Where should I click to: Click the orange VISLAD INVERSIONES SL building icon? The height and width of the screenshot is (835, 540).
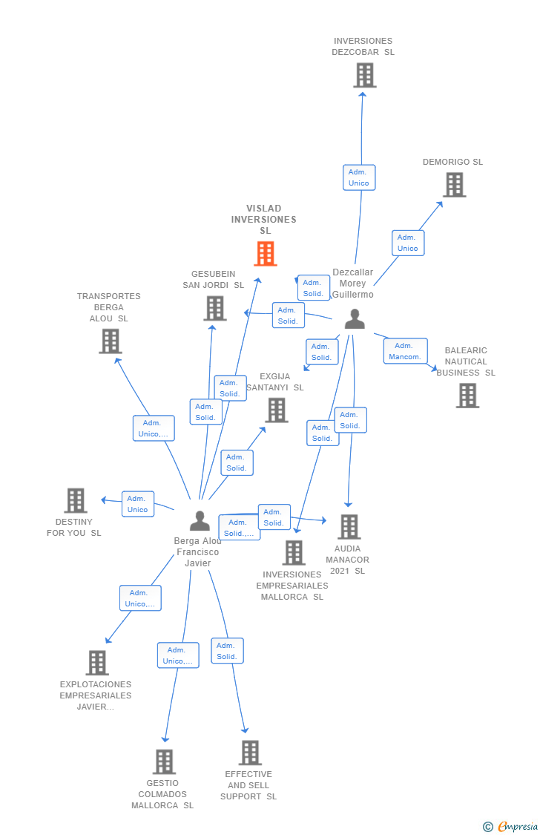click(x=265, y=254)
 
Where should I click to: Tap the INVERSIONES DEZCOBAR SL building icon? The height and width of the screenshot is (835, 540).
click(x=364, y=75)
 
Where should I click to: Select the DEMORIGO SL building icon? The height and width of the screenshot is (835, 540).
click(x=454, y=185)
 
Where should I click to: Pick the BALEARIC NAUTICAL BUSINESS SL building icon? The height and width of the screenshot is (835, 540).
click(x=467, y=396)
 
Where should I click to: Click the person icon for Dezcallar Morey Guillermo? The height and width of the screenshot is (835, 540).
click(x=355, y=318)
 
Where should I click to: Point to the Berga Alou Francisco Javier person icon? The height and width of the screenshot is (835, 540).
click(x=200, y=521)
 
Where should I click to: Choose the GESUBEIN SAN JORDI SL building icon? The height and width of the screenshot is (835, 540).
click(x=215, y=308)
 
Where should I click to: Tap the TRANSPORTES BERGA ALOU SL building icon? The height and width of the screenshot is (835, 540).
click(x=110, y=341)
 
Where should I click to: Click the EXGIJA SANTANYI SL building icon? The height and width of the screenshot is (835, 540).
click(x=276, y=410)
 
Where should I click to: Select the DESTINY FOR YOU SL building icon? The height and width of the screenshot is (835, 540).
click(x=75, y=501)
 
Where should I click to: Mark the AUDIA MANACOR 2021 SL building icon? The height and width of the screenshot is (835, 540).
click(x=349, y=527)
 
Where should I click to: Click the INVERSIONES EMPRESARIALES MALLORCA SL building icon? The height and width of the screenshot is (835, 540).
click(x=294, y=552)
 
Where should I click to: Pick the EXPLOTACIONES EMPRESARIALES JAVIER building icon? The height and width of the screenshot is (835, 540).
click(x=97, y=663)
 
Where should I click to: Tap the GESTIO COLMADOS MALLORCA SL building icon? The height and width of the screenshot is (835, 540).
click(x=164, y=762)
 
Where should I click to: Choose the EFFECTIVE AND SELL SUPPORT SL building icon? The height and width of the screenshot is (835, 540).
click(x=250, y=753)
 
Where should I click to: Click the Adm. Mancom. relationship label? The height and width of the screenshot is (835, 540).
click(x=405, y=351)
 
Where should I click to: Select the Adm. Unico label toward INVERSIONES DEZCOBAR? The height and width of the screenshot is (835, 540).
click(x=359, y=177)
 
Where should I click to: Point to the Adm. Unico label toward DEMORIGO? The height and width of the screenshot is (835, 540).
click(x=408, y=243)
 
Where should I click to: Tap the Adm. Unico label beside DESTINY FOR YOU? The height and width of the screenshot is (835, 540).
click(x=138, y=504)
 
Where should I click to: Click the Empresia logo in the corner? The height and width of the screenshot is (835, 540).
click(x=511, y=826)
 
